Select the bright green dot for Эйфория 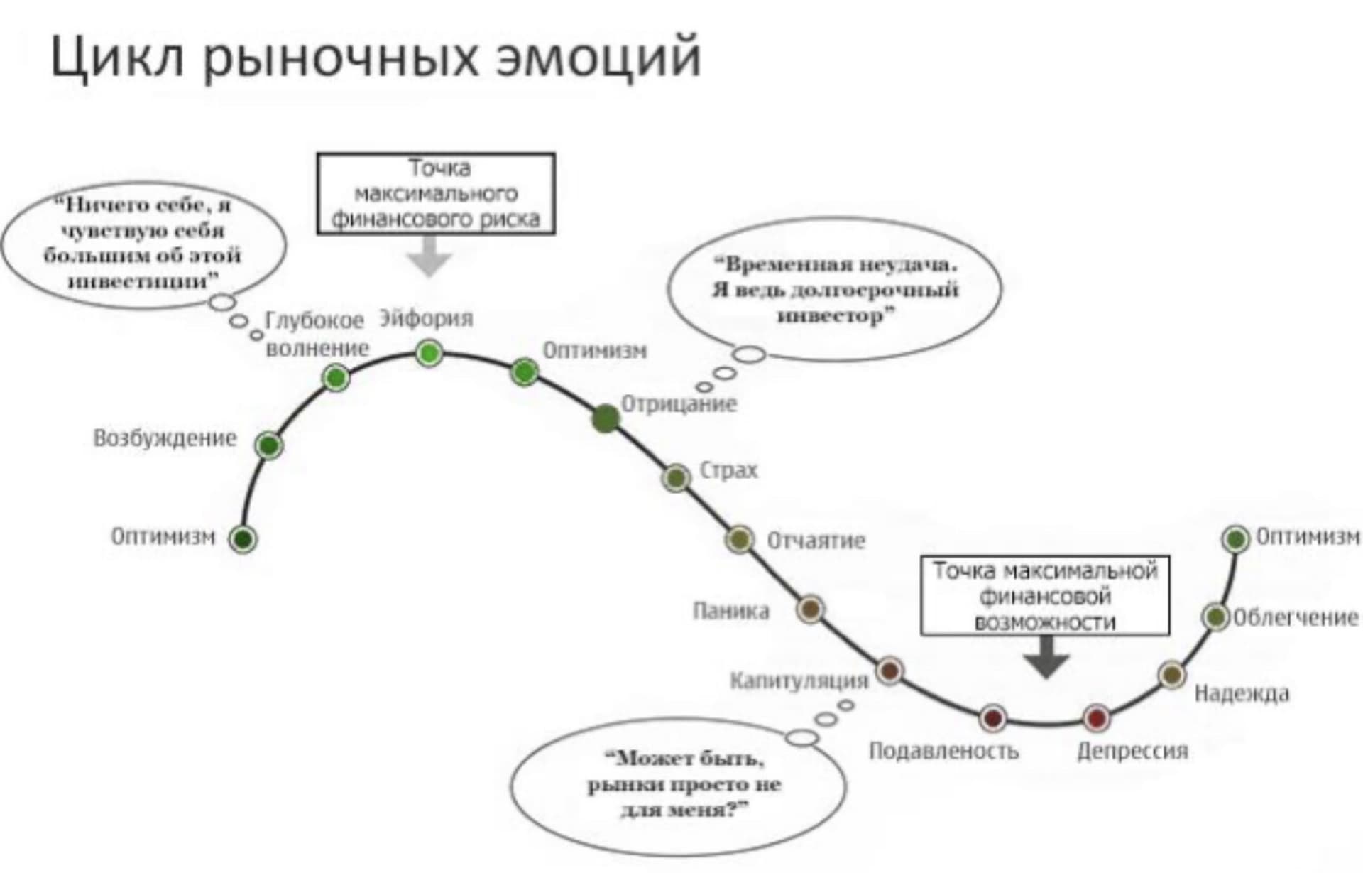429,353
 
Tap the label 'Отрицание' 679,403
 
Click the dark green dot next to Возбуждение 269,445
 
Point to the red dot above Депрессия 1097,718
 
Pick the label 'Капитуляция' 799,680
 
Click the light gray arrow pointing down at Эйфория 429,256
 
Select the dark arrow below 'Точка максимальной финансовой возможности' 1046,657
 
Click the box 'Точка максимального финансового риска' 436,193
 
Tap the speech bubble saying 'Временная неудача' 835,289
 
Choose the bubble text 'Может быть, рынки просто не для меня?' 684,784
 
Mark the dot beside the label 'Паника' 810,609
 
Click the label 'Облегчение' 1296,617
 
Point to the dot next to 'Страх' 677,477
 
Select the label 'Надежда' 1242,693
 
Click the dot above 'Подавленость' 992,719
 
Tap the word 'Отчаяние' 816,541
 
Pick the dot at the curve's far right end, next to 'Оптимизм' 1236,539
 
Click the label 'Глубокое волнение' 317,334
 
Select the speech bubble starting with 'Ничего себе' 145,244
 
